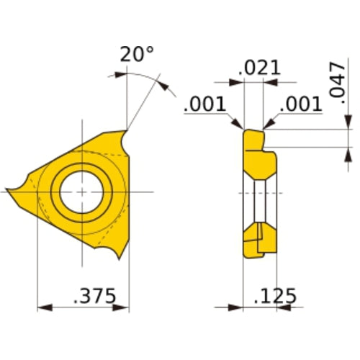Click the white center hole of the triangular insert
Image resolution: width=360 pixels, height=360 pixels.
pyautogui.click(x=82, y=191)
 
